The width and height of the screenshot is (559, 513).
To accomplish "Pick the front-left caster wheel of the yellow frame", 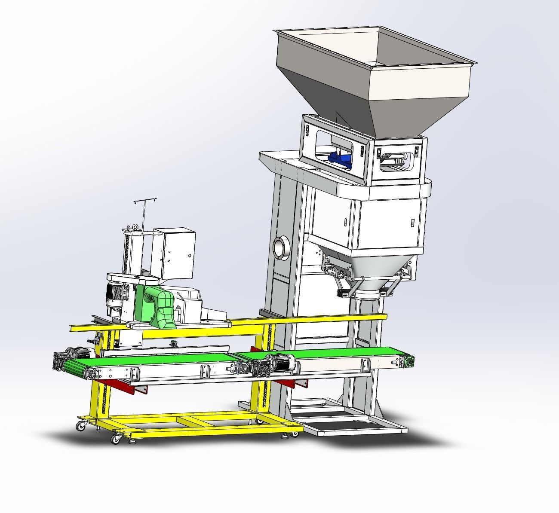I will tap(115, 439).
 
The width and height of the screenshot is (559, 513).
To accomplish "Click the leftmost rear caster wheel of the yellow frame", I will tap(80, 426).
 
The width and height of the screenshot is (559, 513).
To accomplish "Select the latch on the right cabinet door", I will tap(412, 223).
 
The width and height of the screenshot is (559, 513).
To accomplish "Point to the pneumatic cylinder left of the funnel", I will tap(335, 271).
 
